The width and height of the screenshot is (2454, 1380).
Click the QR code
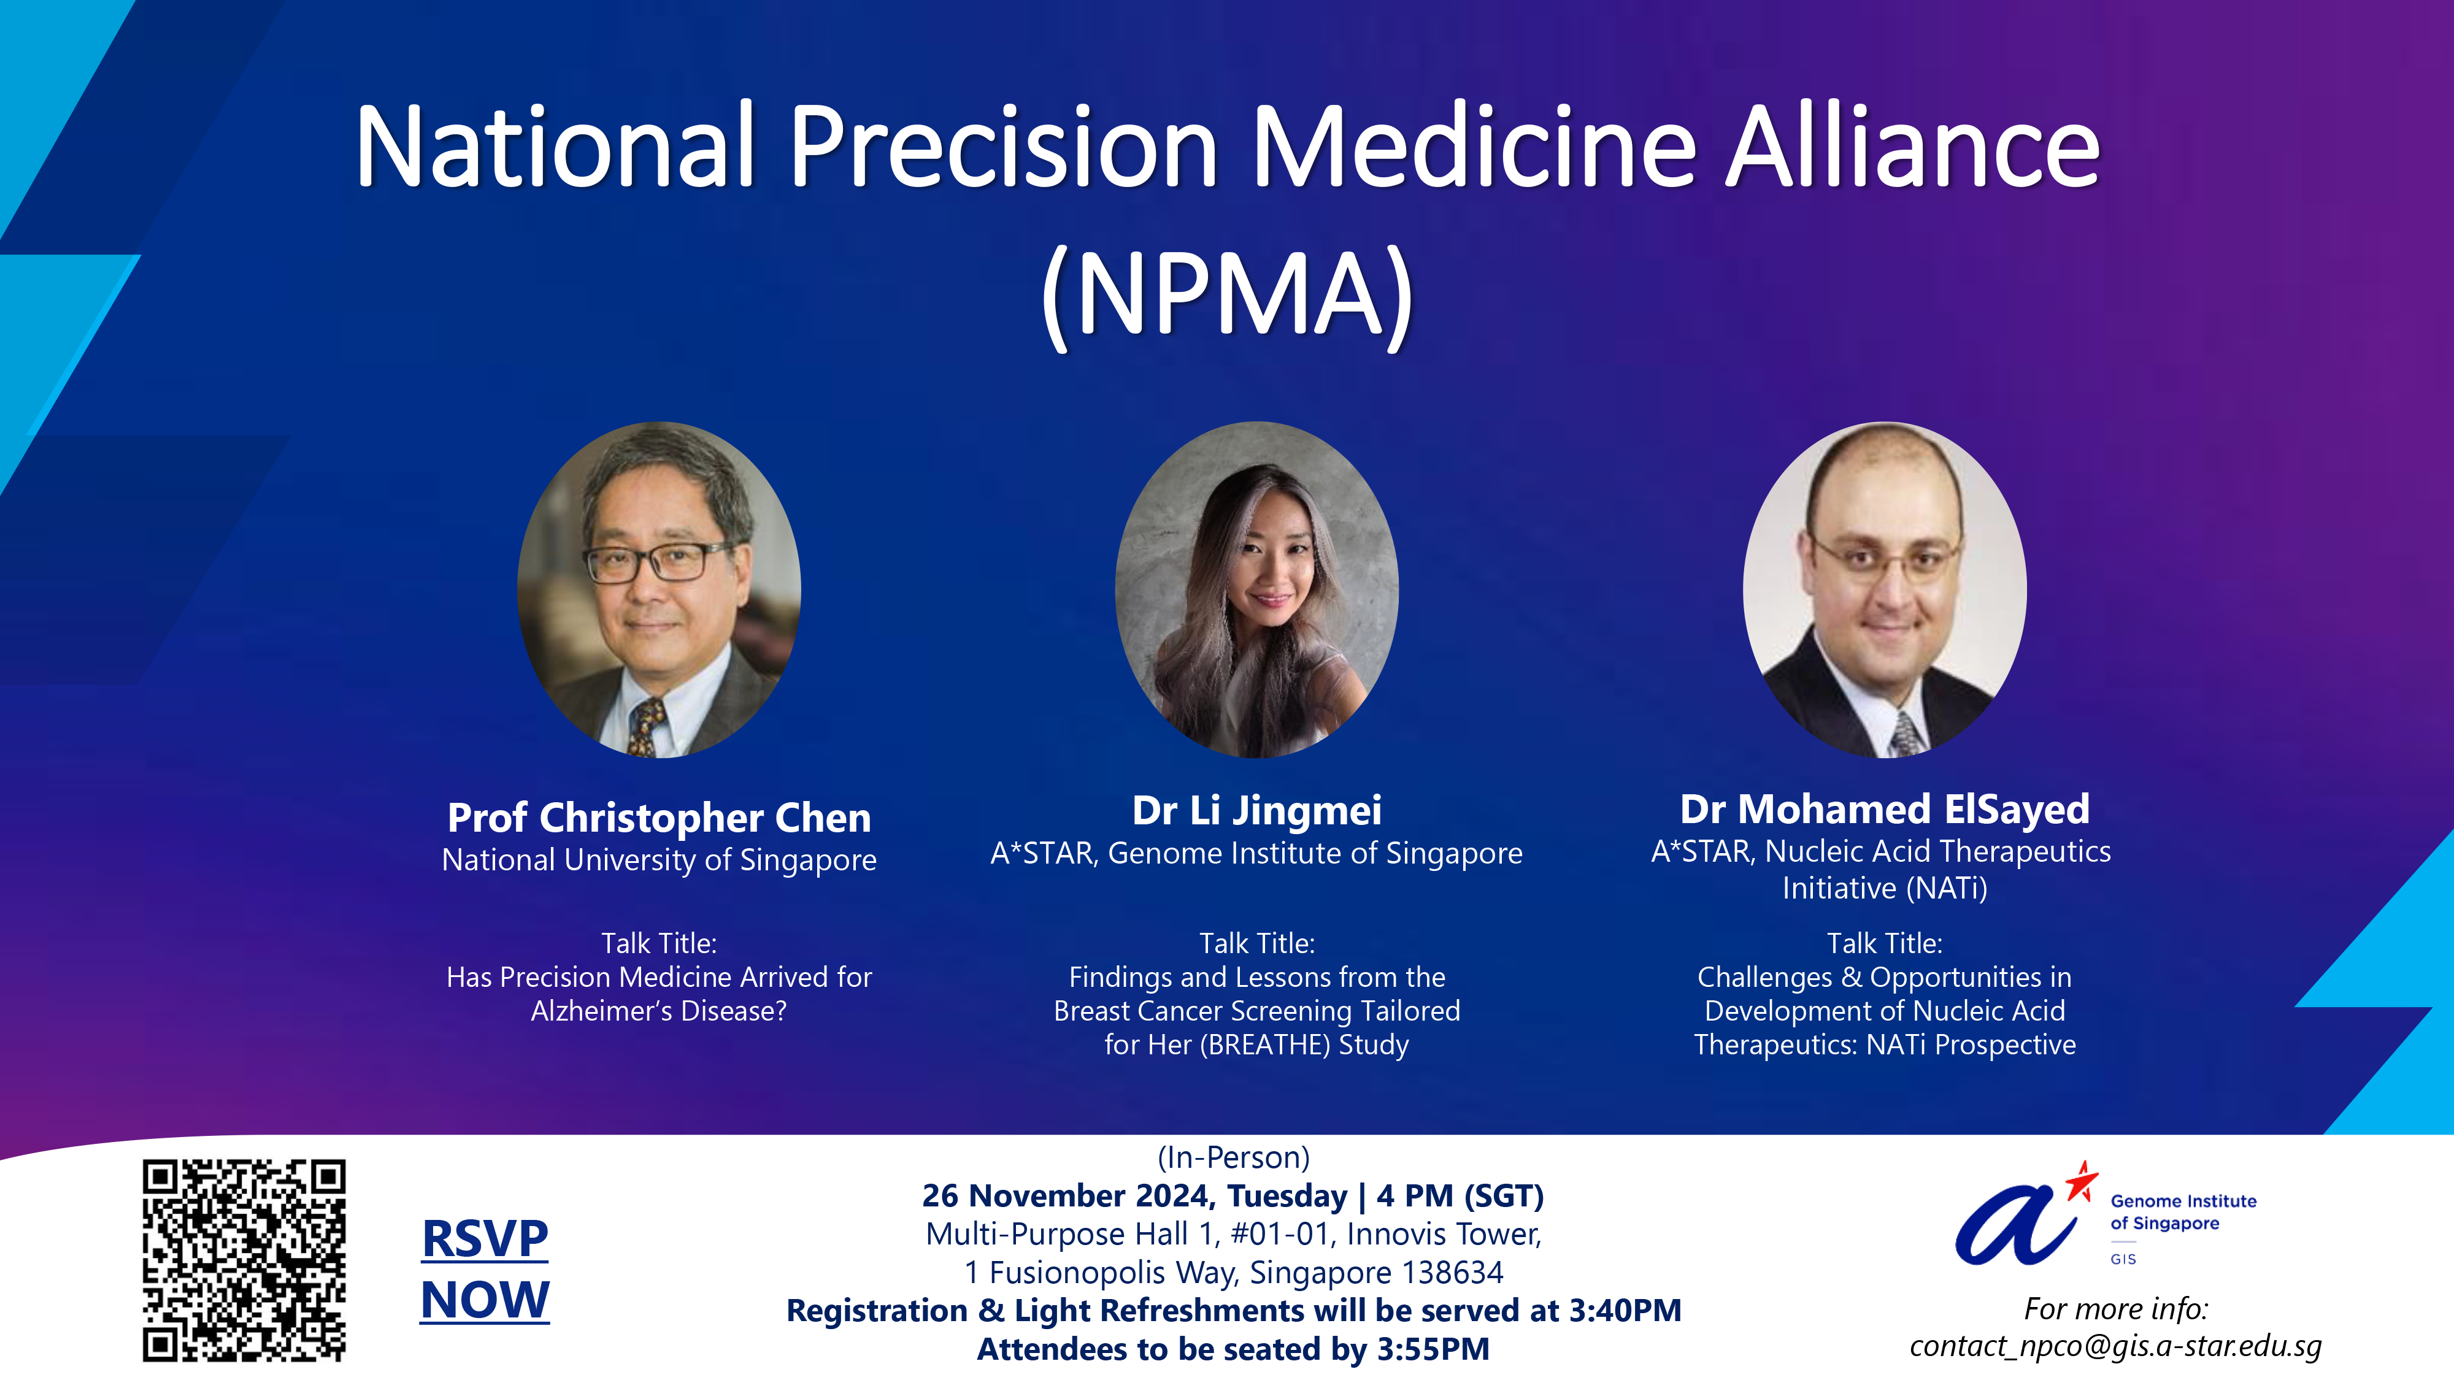(x=244, y=1259)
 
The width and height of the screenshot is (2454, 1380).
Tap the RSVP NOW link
(x=485, y=1270)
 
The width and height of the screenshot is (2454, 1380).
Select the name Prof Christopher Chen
(x=660, y=817)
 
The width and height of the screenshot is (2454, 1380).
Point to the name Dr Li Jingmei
(x=1256, y=810)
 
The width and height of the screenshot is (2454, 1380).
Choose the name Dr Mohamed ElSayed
(x=1884, y=808)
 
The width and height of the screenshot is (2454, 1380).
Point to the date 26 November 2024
(x=1070, y=1195)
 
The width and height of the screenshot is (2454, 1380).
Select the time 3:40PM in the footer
(x=1625, y=1311)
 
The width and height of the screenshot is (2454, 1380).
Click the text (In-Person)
(x=1234, y=1157)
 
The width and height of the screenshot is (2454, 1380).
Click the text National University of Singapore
(x=660, y=860)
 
